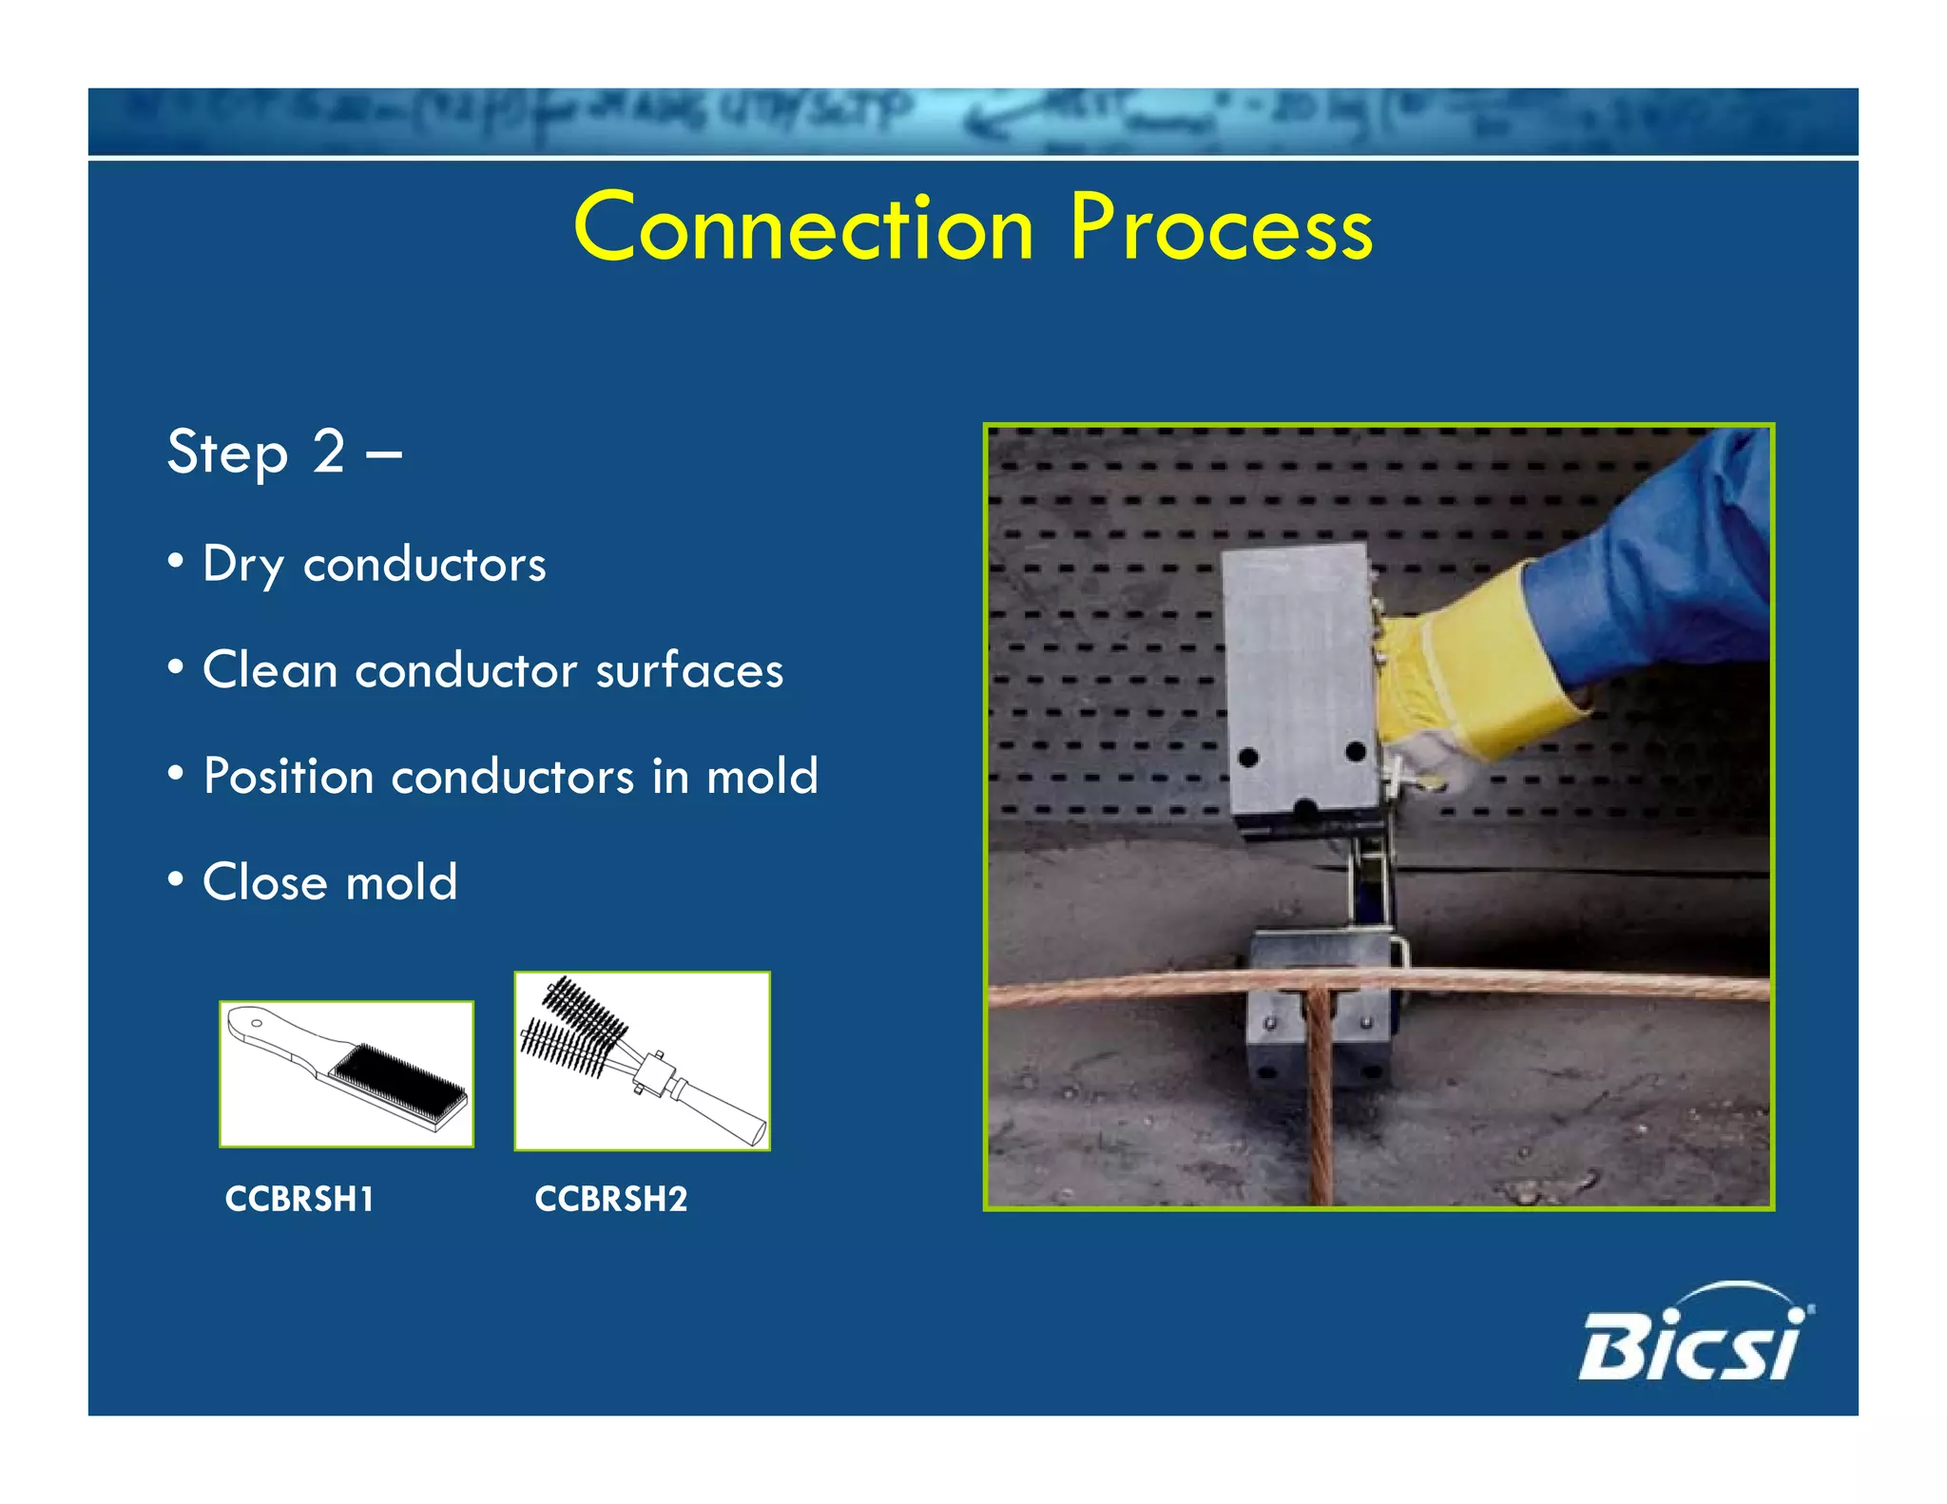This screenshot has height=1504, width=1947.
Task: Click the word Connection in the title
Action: click(803, 228)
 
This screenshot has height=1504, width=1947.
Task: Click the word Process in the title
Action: click(1221, 228)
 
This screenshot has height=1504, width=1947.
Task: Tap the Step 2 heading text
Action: click(283, 453)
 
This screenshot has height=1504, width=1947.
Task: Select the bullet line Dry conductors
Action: click(374, 565)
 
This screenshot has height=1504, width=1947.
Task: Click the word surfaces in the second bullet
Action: click(689, 670)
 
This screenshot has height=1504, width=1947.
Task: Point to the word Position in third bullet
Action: click(288, 777)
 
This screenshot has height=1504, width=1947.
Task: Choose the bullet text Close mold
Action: click(330, 882)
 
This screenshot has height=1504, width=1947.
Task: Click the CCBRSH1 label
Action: click(299, 1200)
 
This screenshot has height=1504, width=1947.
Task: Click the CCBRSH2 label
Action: click(610, 1200)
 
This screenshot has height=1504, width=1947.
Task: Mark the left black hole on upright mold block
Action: click(1248, 758)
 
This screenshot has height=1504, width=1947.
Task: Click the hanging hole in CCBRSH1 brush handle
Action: click(257, 1023)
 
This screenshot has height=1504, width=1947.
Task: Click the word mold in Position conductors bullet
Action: click(761, 777)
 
